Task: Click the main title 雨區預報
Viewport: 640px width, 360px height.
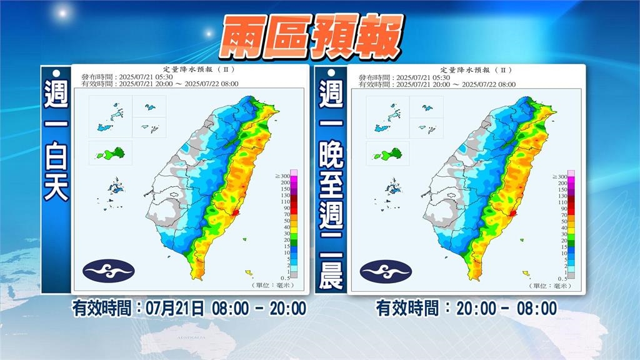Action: click(311, 38)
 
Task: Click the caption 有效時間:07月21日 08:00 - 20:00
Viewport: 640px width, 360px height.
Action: click(189, 308)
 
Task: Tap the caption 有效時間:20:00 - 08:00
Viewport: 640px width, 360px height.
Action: click(466, 308)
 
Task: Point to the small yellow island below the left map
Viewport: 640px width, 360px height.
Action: click(249, 272)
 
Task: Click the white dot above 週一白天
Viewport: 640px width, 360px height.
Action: click(56, 74)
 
